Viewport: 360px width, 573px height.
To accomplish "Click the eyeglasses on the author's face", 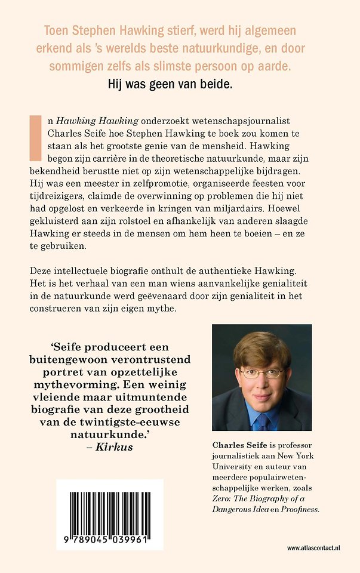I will click(262, 374).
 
